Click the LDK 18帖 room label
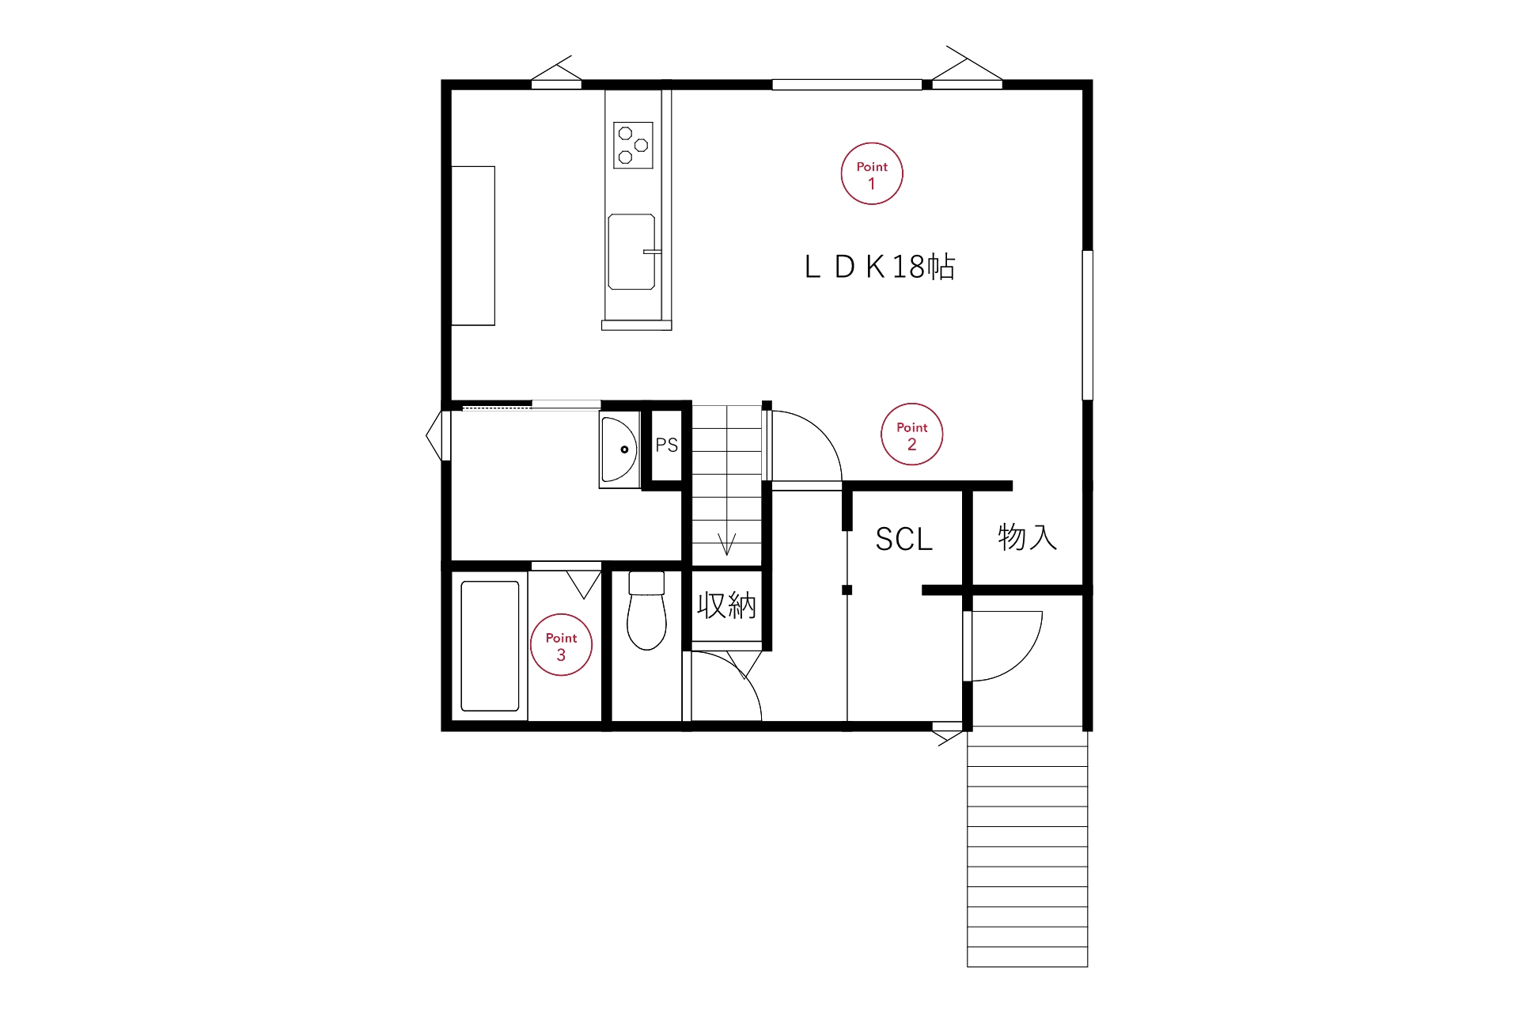[x=880, y=267]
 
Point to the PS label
[x=667, y=446]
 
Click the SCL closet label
[x=904, y=540]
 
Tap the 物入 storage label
[x=1028, y=537]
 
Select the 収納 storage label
[x=727, y=606]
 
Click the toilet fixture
[x=646, y=611]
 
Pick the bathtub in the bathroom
[x=491, y=647]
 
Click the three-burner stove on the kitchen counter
[x=634, y=146]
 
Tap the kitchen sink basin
[x=631, y=252]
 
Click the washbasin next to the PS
[x=619, y=450]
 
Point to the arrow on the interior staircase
[x=727, y=544]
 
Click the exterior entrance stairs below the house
[x=1028, y=847]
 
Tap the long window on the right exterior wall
[x=1088, y=325]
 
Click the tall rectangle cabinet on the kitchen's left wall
[x=473, y=245]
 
